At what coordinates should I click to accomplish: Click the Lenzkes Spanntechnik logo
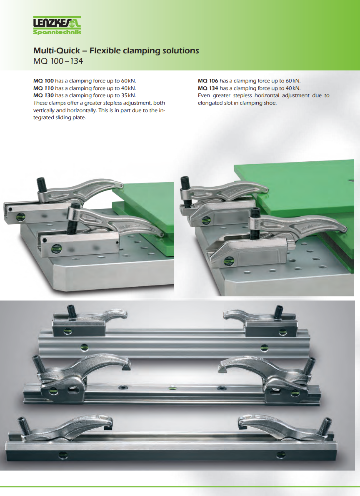tap(57, 25)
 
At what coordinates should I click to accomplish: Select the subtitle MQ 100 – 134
tap(58, 61)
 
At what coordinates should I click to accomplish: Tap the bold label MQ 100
tap(43, 81)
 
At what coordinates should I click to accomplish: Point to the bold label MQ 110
tap(43, 88)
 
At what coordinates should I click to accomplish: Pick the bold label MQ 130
tap(43, 95)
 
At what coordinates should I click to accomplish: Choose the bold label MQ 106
tap(208, 81)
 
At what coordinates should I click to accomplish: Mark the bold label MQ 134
tap(208, 88)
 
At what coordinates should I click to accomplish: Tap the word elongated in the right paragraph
tap(210, 103)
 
